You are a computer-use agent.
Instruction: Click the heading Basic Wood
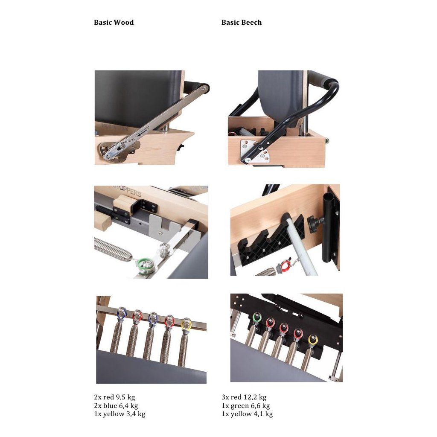point(114,22)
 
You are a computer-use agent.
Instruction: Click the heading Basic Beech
point(242,22)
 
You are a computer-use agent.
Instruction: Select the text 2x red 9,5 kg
point(114,397)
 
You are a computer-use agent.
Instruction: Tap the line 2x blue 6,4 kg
point(116,405)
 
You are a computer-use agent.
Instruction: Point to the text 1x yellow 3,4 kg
point(119,414)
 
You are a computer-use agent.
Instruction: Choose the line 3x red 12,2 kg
point(244,397)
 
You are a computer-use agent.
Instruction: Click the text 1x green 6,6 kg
point(245,405)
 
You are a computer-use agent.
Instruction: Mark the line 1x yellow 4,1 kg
point(247,414)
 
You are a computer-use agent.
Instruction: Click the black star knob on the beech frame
point(315,222)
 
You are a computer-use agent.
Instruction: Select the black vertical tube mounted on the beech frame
point(329,229)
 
